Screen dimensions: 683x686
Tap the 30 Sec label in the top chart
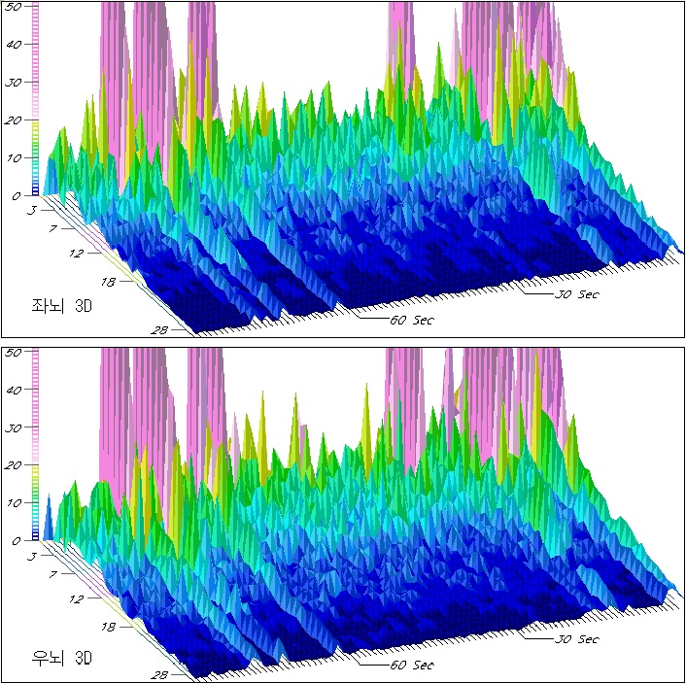[x=575, y=292]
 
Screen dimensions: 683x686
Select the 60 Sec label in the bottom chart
[x=411, y=665]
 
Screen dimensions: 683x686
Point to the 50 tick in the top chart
[x=15, y=7]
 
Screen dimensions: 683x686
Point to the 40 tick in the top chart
[x=15, y=45]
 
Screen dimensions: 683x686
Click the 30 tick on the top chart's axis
[x=15, y=83]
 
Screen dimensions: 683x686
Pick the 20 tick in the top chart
[x=15, y=120]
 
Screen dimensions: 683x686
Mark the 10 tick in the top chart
[x=15, y=158]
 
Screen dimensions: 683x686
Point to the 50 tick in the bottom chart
[x=15, y=353]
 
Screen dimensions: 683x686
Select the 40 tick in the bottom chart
[x=15, y=391]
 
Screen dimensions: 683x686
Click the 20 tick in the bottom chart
[x=15, y=465]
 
